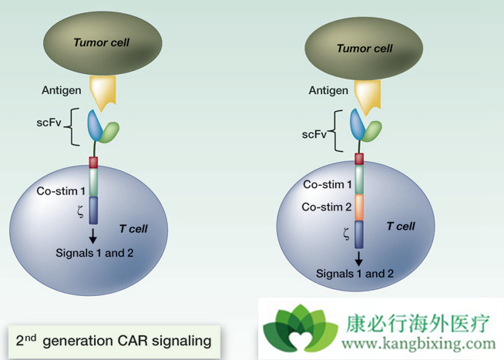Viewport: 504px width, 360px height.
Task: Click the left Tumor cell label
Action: tap(101, 42)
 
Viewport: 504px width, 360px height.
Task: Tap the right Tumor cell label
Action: tap(365, 49)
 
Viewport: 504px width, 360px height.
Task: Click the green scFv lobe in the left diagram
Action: tap(110, 133)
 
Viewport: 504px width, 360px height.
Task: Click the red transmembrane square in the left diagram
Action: tap(93, 162)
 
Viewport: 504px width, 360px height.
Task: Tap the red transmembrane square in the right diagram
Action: tap(359, 159)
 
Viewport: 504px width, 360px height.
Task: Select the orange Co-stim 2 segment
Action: tap(359, 207)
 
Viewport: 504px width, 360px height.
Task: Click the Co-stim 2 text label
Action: tap(328, 207)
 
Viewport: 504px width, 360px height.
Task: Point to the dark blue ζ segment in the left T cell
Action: tap(93, 210)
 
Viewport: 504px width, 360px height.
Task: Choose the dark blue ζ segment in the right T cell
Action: tap(359, 234)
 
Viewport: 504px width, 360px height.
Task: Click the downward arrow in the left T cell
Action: tap(93, 236)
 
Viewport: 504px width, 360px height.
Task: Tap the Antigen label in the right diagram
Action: tap(328, 90)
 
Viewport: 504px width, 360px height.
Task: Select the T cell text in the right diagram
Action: tap(400, 226)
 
